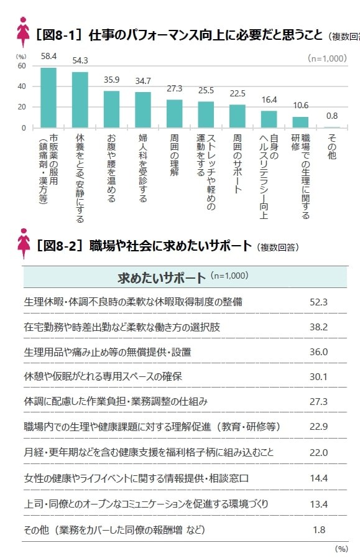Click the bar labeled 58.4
(x=48, y=98)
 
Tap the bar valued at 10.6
(x=300, y=122)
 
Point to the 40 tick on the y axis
(x=22, y=86)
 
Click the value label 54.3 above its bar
(x=80, y=60)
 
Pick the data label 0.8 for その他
(x=332, y=116)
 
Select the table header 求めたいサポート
(x=161, y=277)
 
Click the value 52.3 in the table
(x=318, y=302)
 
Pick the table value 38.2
(x=318, y=327)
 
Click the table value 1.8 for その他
(x=318, y=529)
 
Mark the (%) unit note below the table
(x=341, y=549)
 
